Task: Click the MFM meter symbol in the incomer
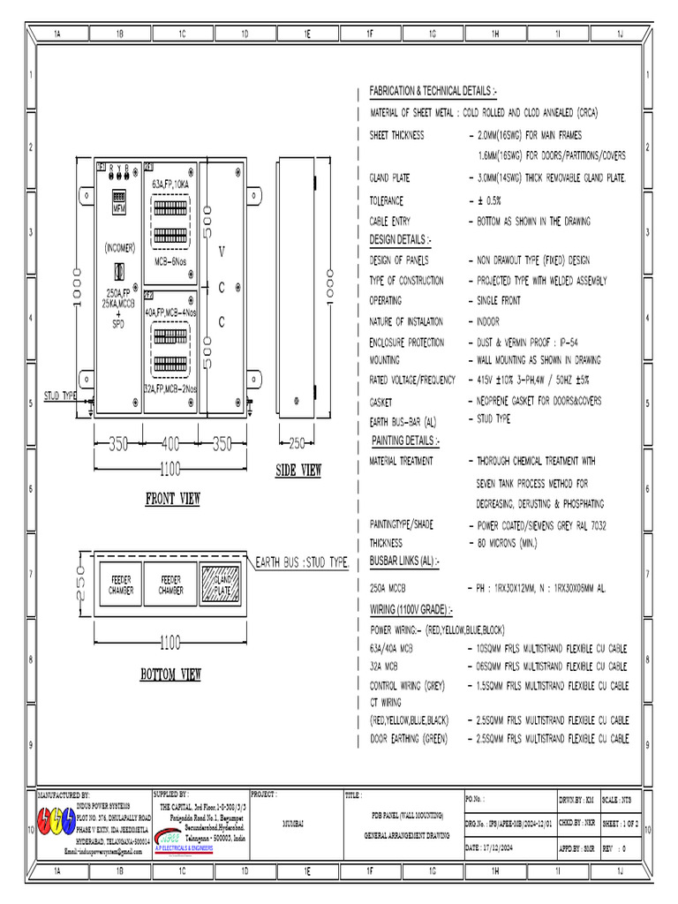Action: pos(119,200)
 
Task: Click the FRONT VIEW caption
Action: pos(173,499)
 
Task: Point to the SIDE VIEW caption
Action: pos(298,471)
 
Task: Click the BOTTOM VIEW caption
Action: pos(171,675)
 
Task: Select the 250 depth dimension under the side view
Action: pos(296,444)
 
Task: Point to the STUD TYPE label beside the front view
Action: pos(61,396)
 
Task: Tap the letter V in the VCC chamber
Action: pos(221,252)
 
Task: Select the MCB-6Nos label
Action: pos(169,262)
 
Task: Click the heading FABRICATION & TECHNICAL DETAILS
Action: pos(433,92)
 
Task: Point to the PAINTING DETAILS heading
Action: pos(405,440)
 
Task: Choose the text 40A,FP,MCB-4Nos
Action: pos(171,313)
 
